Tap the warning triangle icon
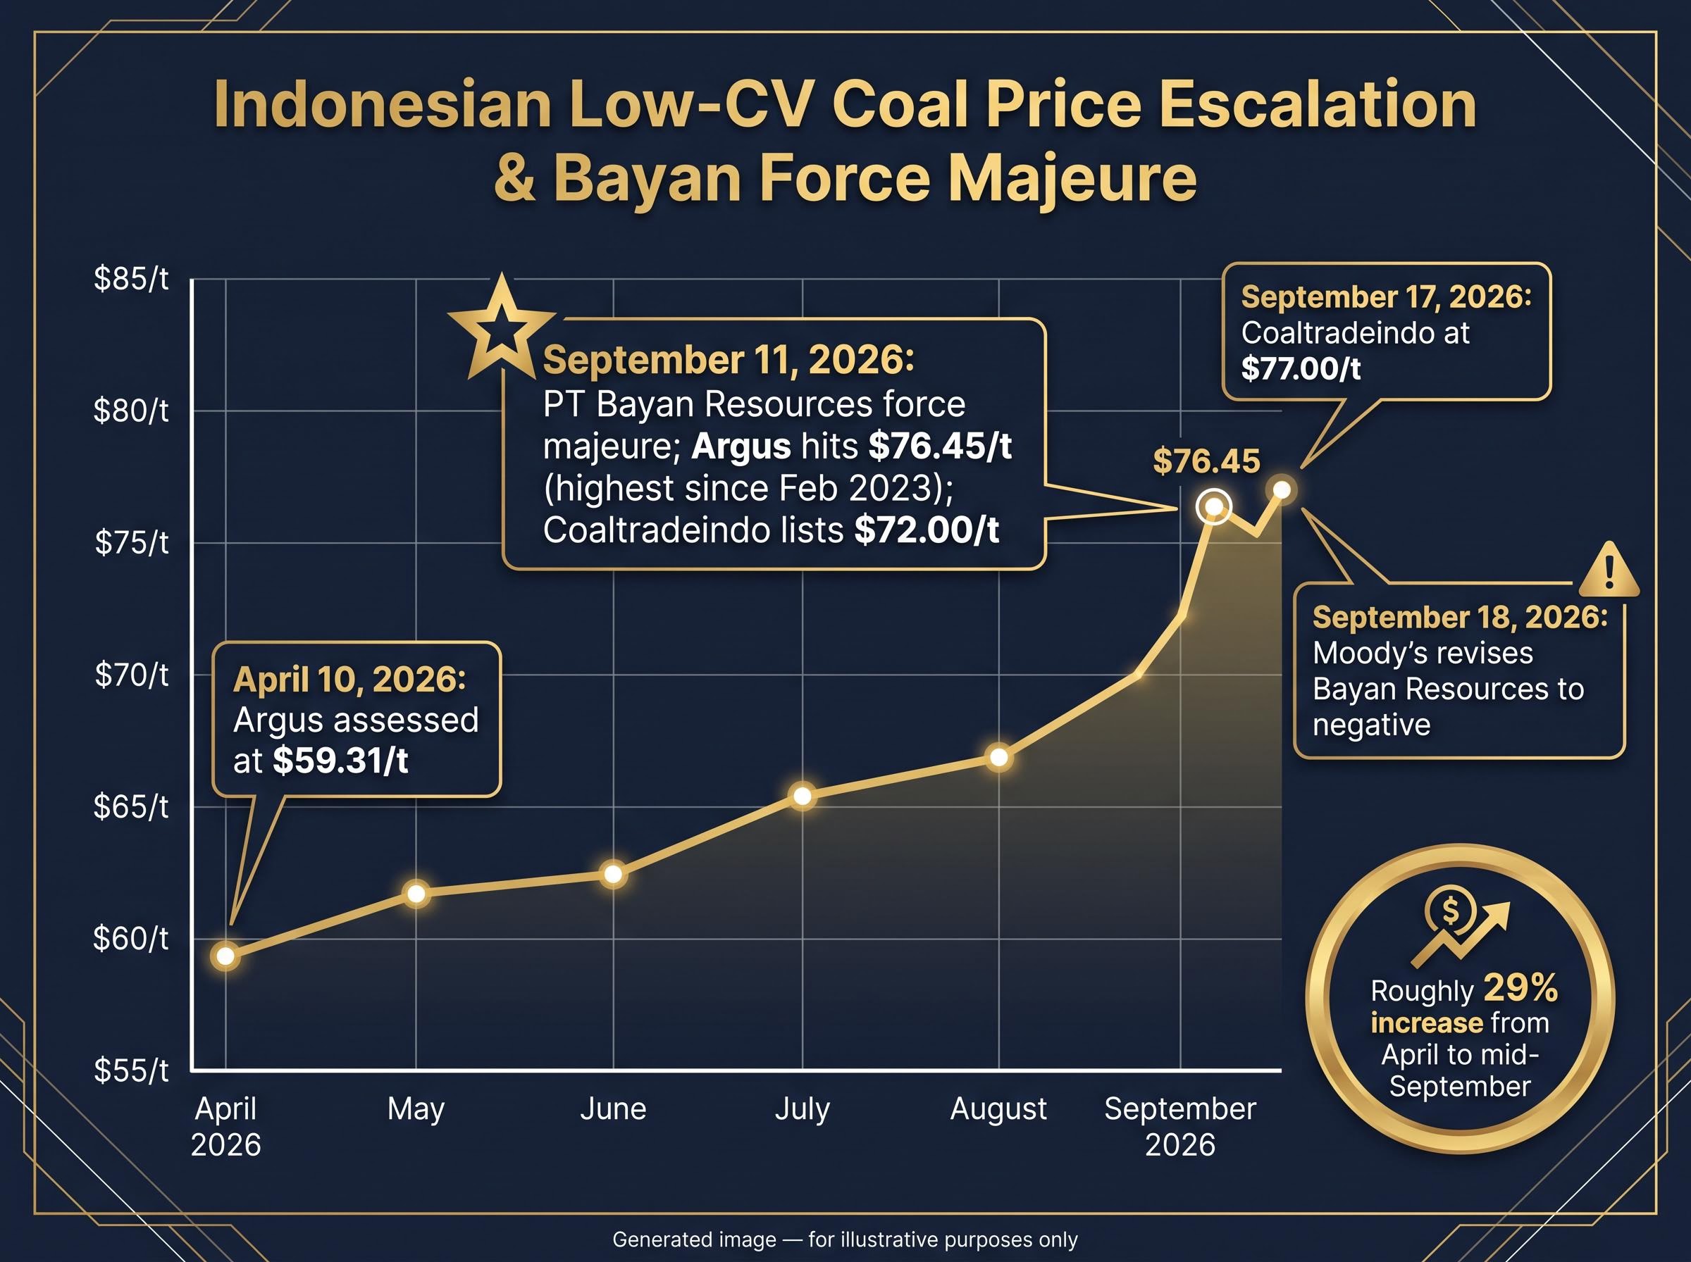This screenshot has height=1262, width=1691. [1609, 569]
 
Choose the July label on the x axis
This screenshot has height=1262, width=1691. [803, 1109]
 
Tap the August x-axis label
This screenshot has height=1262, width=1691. [998, 1109]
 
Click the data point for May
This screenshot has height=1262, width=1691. [416, 893]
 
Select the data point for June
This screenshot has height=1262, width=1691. [613, 873]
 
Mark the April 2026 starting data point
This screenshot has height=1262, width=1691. [225, 956]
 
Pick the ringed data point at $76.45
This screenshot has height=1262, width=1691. [1213, 506]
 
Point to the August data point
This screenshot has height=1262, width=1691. [998, 757]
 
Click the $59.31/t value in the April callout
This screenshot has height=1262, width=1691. [341, 761]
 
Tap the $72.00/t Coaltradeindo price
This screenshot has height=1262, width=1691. [927, 530]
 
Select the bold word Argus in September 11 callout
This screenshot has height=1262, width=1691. [741, 446]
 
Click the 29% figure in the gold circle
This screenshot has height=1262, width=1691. [1520, 989]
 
